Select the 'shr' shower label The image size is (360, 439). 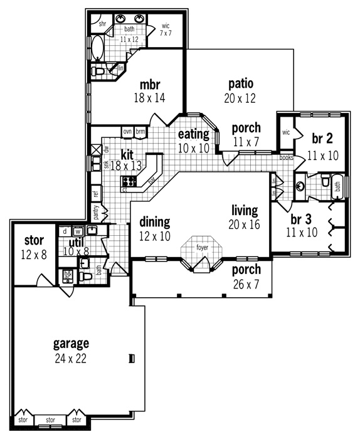coord(103,23)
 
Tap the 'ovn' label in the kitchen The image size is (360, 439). coord(127,131)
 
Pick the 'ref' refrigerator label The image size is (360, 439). coord(96,194)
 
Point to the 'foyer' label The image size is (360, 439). coord(202,248)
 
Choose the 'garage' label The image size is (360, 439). coord(70,344)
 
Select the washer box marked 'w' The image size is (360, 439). coord(78,231)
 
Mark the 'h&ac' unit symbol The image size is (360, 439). coord(68,275)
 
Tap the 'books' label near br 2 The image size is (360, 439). coord(286,158)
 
